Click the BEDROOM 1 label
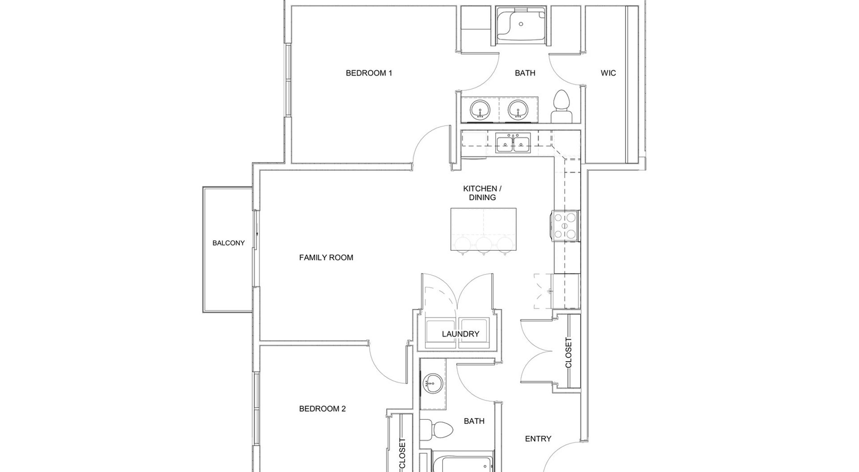pyautogui.click(x=369, y=73)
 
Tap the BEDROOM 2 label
pyautogui.click(x=322, y=409)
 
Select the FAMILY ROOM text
pyautogui.click(x=326, y=257)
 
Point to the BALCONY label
pyautogui.click(x=229, y=243)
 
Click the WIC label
pyautogui.click(x=608, y=73)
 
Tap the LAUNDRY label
pyautogui.click(x=460, y=334)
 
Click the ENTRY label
pyautogui.click(x=538, y=439)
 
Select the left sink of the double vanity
pyautogui.click(x=480, y=109)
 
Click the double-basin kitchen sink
pyautogui.click(x=513, y=143)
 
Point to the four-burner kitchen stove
pyautogui.click(x=565, y=225)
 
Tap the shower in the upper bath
pyautogui.click(x=522, y=25)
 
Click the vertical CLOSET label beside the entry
pyautogui.click(x=569, y=353)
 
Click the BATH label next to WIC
pyautogui.click(x=525, y=73)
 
